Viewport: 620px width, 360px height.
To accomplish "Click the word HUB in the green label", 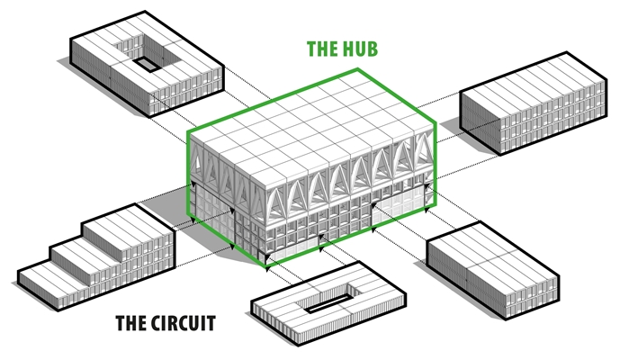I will click(x=358, y=49).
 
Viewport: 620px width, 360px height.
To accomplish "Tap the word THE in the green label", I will click(x=321, y=49).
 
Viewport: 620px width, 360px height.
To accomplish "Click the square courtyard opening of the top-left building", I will click(x=145, y=64).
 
